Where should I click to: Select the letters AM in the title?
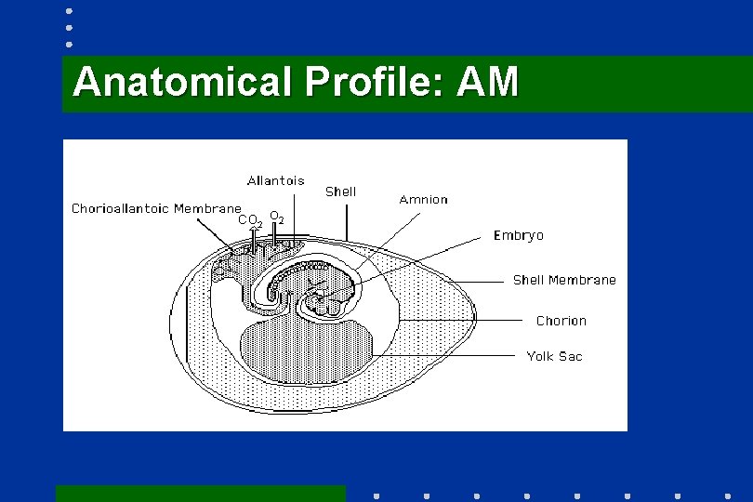[x=489, y=82]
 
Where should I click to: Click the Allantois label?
[x=275, y=180]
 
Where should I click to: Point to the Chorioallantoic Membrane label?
[x=156, y=208]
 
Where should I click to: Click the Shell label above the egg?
[x=340, y=192]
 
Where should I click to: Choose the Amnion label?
[x=423, y=199]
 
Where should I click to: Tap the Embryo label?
[x=518, y=235]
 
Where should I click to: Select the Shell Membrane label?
[x=564, y=280]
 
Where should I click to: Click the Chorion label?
[x=561, y=321]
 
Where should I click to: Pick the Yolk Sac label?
[x=554, y=356]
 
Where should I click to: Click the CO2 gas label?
[x=249, y=221]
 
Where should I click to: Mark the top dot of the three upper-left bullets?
[x=69, y=12]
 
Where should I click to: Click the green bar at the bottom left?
[x=200, y=493]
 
